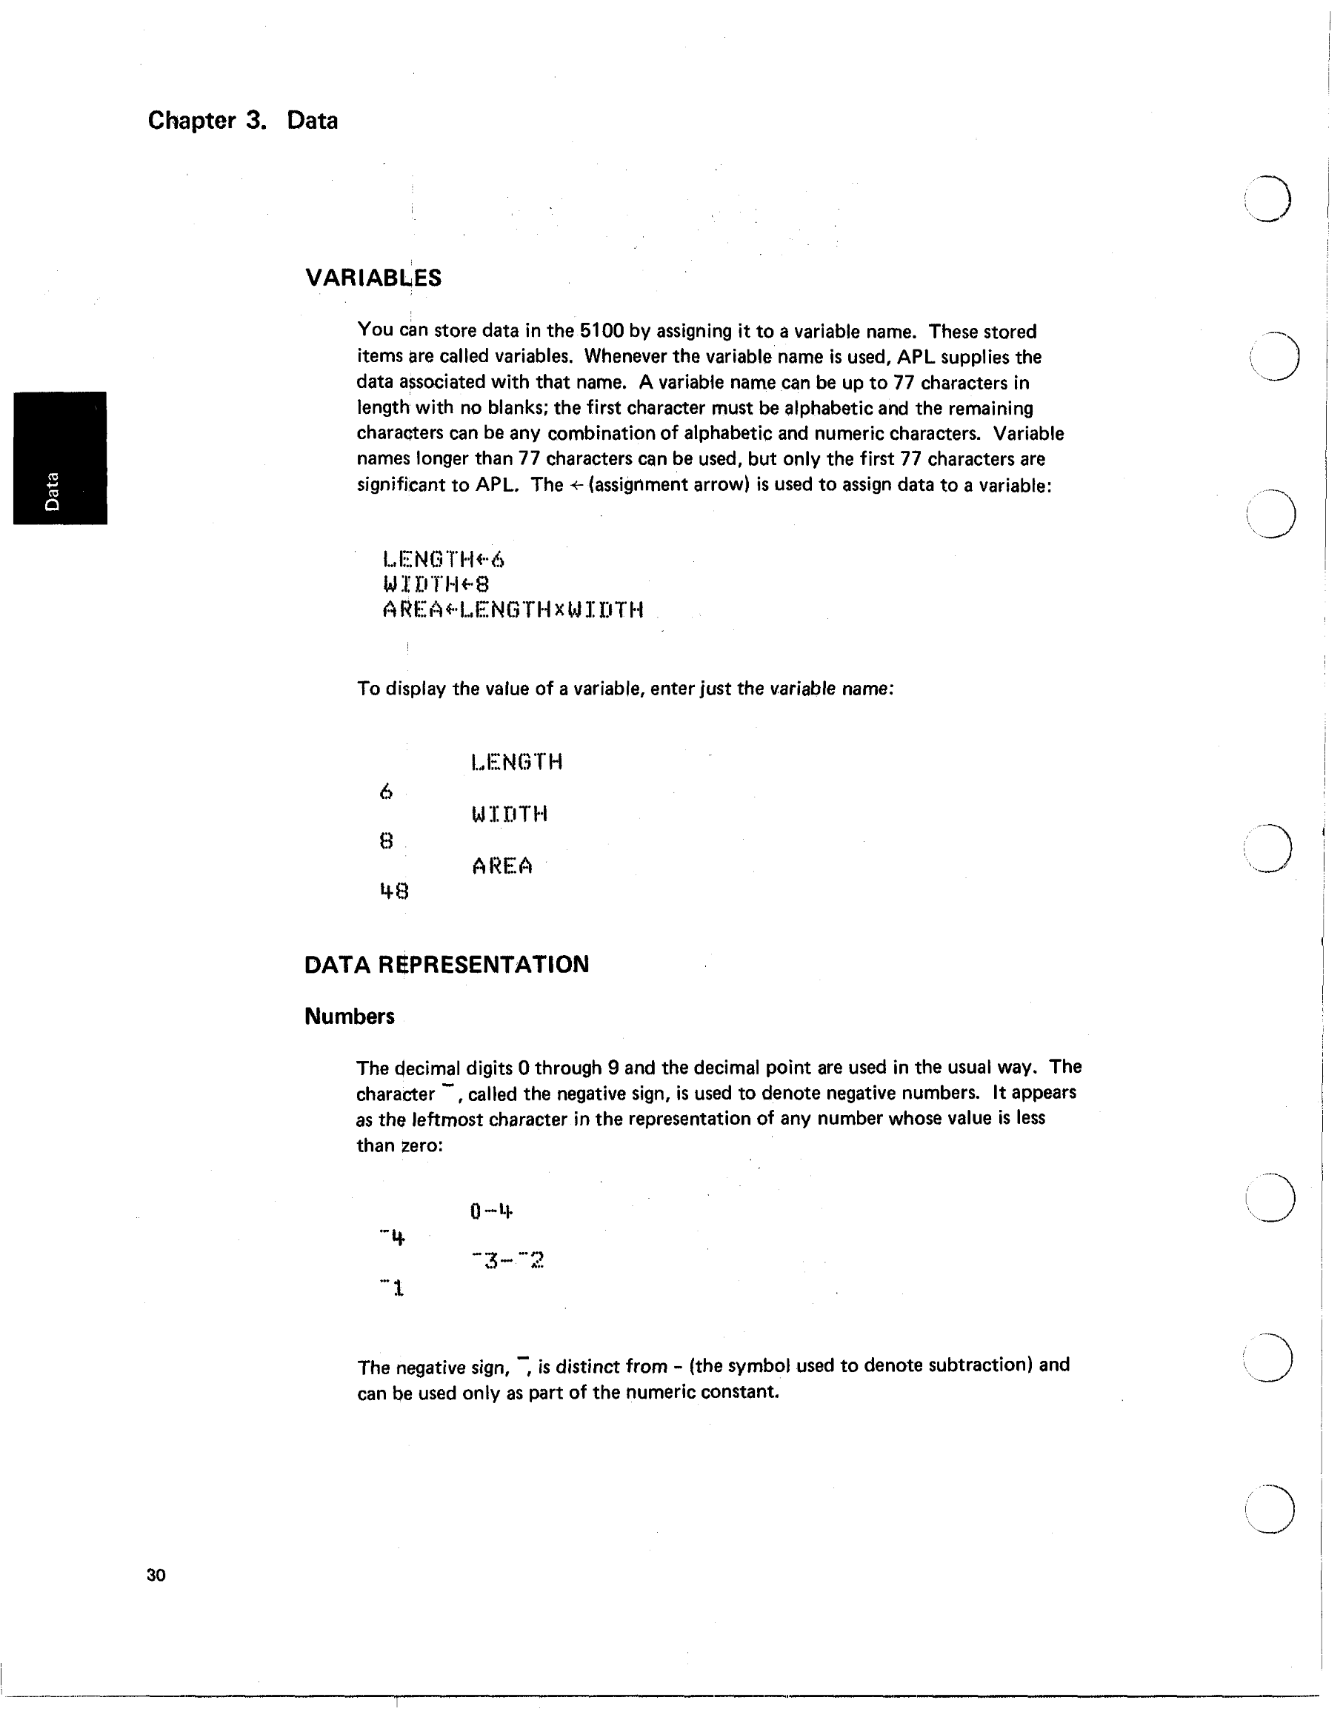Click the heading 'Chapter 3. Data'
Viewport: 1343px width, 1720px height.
(x=243, y=121)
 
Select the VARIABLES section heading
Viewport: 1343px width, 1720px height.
(x=373, y=278)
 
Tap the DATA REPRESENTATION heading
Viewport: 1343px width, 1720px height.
(x=446, y=965)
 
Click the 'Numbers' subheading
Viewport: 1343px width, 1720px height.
(x=349, y=1016)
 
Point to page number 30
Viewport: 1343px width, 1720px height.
(x=156, y=1575)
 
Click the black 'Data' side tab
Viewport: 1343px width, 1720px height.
(x=60, y=458)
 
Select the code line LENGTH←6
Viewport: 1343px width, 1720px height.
(x=444, y=560)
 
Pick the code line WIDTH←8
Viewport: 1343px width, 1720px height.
(x=436, y=584)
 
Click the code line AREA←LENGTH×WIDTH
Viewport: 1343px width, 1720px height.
(x=513, y=609)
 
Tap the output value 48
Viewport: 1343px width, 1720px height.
(x=394, y=891)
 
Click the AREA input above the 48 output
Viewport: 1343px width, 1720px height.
(x=501, y=866)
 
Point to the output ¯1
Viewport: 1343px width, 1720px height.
(x=393, y=1288)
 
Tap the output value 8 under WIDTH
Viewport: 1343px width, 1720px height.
(x=385, y=841)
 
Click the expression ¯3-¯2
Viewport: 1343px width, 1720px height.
(x=507, y=1262)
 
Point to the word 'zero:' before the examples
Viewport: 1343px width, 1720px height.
(x=422, y=1145)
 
